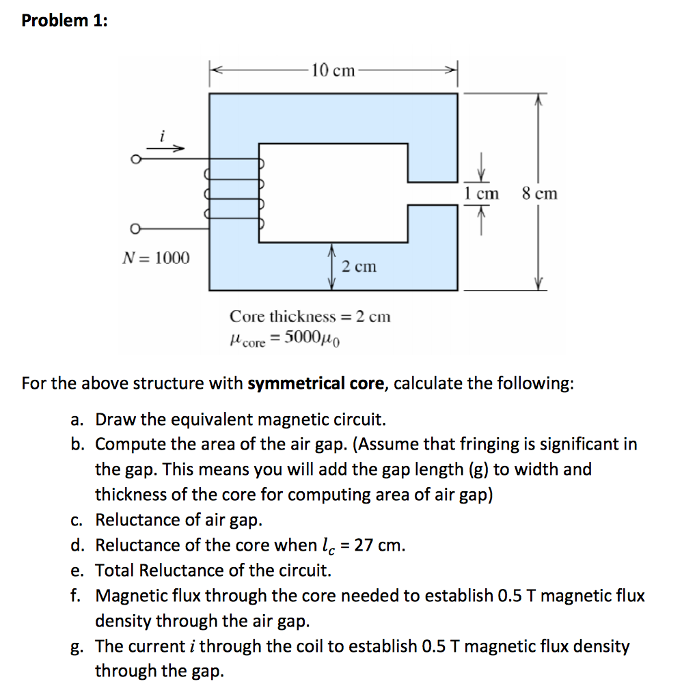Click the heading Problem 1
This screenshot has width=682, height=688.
[64, 20]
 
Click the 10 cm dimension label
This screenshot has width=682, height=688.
[333, 70]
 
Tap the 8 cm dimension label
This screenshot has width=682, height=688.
[539, 193]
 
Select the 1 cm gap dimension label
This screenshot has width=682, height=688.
[480, 193]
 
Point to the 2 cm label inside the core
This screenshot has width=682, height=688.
[359, 266]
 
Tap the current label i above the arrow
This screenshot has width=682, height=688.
[161, 136]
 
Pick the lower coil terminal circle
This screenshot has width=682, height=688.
[137, 228]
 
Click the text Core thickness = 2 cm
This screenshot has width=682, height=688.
[310, 316]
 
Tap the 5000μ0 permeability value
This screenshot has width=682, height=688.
[312, 337]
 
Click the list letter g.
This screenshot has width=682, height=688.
[76, 646]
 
